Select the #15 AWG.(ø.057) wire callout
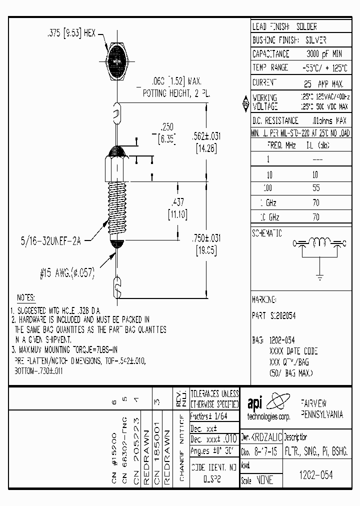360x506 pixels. pos(67,274)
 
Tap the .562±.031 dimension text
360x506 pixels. pos(206,136)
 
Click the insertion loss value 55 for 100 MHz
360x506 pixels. pos(315,188)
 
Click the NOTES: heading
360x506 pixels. pos(25,297)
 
